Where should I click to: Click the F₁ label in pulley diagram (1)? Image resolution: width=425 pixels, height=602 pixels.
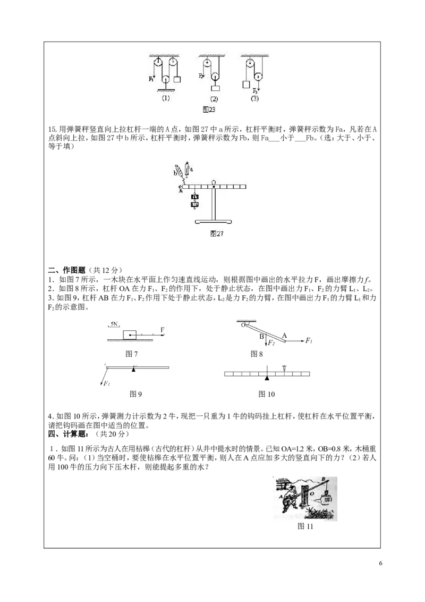coord(151,79)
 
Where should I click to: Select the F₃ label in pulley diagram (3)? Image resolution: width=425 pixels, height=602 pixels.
coord(256,91)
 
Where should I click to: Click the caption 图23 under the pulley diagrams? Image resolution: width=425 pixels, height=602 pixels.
coord(209,110)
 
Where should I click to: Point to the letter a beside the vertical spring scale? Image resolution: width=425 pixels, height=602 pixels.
coord(191,169)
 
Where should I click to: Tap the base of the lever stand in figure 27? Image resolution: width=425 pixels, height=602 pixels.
coord(214,222)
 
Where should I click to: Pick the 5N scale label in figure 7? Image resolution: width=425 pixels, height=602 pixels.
coord(114,324)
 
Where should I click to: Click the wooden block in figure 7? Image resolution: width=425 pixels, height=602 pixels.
coord(130,335)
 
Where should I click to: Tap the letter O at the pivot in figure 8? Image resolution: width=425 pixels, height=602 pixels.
coord(243,325)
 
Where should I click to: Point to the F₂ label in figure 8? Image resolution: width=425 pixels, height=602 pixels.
coord(271,343)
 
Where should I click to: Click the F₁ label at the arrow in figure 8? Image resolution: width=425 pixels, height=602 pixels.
coord(309,340)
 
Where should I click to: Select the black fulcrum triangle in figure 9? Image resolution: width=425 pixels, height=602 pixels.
coord(133,369)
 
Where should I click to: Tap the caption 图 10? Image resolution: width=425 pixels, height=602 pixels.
coord(267,394)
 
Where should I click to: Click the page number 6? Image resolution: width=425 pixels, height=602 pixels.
coord(380,563)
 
